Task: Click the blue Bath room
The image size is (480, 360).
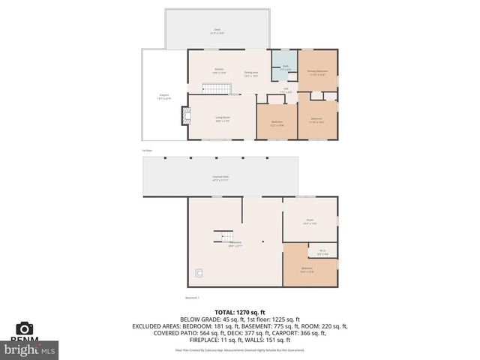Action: [x=284, y=68]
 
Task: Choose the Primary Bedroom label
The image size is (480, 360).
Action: [x=317, y=72]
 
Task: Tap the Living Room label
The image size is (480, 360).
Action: [x=223, y=118]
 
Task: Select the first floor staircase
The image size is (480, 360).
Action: [x=218, y=90]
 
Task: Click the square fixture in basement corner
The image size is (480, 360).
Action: [x=198, y=272]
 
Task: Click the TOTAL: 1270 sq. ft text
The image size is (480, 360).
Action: [x=239, y=311]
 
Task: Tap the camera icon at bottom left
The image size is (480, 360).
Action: [x=24, y=328]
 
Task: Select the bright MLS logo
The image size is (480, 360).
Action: [x=30, y=349]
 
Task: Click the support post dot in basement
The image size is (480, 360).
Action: [x=262, y=241]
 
